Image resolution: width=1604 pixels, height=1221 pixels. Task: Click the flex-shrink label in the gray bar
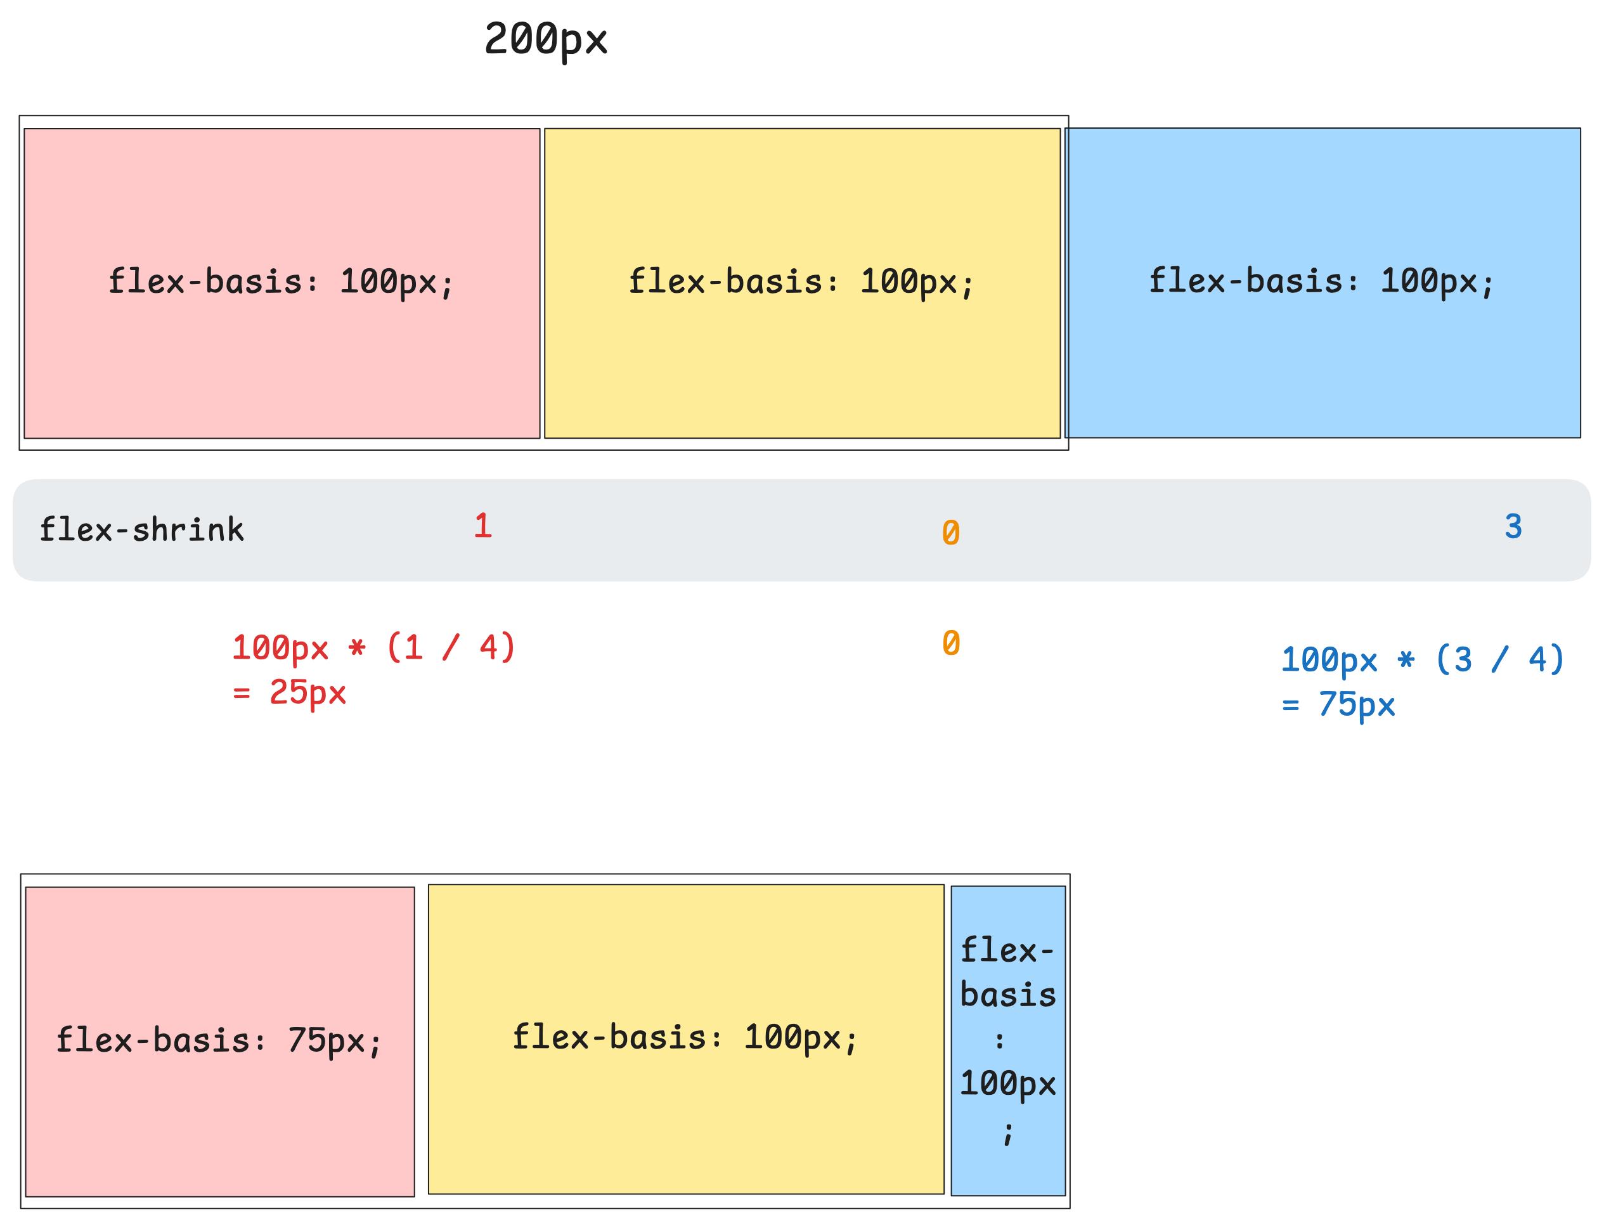pyautogui.click(x=142, y=529)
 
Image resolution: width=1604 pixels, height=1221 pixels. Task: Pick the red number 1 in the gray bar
pyautogui.click(x=482, y=526)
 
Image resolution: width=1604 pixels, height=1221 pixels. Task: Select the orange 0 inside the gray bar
pyautogui.click(x=950, y=533)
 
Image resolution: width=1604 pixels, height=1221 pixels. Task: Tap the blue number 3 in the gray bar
pyautogui.click(x=1513, y=526)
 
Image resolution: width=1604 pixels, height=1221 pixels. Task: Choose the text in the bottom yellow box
pyautogui.click(x=685, y=1037)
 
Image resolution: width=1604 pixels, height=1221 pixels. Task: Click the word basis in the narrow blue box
pyautogui.click(x=1007, y=994)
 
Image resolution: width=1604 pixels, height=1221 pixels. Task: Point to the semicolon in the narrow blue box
pyautogui.click(x=1007, y=1132)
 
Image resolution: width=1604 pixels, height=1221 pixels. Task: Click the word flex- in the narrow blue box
pyautogui.click(x=1007, y=950)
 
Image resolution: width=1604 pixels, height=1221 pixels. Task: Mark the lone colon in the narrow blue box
pyautogui.click(x=999, y=1040)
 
